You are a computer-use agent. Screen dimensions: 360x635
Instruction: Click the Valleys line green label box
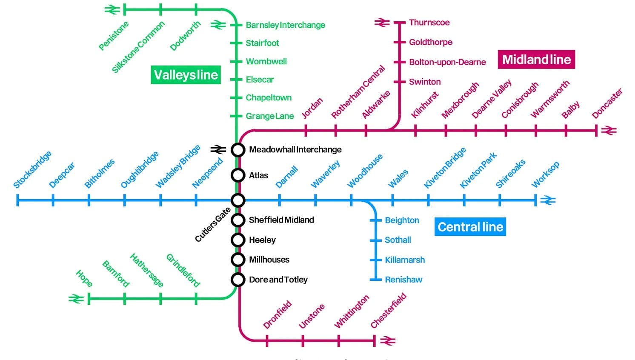tap(186, 75)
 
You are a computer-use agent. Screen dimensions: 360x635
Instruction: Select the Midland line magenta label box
tap(536, 60)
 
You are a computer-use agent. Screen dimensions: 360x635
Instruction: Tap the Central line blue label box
tap(470, 227)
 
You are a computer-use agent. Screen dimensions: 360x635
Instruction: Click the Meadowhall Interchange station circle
tap(238, 150)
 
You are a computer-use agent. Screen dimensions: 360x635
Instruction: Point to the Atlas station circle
tap(238, 175)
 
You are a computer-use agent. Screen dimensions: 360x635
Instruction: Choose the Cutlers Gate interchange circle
tap(238, 200)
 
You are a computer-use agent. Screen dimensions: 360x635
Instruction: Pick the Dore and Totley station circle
tap(238, 280)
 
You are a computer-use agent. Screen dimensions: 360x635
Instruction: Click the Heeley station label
tap(262, 240)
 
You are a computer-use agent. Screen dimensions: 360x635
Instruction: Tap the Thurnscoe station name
tap(429, 23)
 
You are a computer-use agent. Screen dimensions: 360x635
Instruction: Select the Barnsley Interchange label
tap(285, 25)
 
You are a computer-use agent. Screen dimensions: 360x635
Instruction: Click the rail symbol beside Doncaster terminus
tap(609, 131)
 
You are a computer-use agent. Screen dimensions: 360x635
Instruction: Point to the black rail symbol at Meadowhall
tap(218, 149)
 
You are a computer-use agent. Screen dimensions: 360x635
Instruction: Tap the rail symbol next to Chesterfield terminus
tap(388, 341)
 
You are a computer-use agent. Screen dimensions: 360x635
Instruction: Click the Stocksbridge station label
tap(32, 169)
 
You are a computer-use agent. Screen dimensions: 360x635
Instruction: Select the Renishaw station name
tap(403, 280)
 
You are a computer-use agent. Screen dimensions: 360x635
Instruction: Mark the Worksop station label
tap(545, 174)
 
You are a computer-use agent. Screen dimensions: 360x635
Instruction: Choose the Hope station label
tap(84, 278)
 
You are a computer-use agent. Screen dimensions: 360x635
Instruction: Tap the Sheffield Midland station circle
tap(238, 220)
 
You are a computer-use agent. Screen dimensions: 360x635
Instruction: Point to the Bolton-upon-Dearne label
tap(447, 62)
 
